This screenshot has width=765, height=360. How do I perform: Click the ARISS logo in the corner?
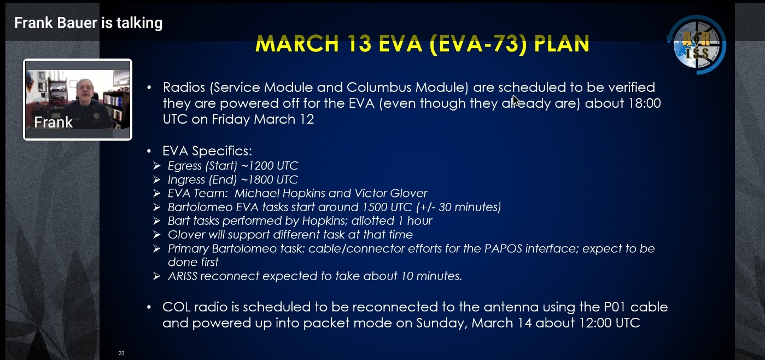click(697, 45)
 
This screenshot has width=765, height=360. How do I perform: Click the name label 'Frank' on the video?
click(53, 122)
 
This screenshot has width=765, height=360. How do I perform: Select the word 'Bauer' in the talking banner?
click(77, 23)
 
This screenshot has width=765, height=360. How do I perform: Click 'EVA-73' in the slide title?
click(478, 44)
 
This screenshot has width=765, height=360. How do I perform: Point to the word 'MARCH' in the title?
click(297, 43)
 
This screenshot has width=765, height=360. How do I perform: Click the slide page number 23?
click(121, 353)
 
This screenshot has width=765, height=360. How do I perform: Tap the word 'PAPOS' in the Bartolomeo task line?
click(503, 248)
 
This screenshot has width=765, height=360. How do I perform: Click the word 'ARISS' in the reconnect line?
click(183, 276)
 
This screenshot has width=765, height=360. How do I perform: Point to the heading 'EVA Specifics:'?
click(207, 151)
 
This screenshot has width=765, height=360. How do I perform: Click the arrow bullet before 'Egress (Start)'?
click(157, 166)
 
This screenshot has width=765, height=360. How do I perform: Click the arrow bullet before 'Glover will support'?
click(157, 235)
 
